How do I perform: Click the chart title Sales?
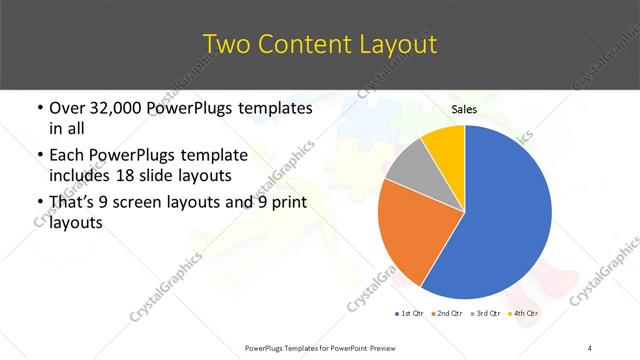pyautogui.click(x=463, y=110)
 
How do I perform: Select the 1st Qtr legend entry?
pyautogui.click(x=411, y=314)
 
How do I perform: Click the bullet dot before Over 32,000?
pyautogui.click(x=38, y=108)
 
